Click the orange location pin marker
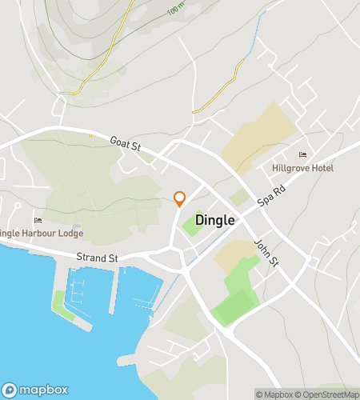click(180, 199)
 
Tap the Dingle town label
click(215, 220)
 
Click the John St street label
click(265, 254)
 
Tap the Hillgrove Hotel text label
click(302, 168)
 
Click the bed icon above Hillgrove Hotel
click(302, 155)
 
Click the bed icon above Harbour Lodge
click(37, 220)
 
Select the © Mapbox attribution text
click(274, 394)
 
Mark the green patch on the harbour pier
click(59, 303)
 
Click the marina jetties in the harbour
click(88, 292)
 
